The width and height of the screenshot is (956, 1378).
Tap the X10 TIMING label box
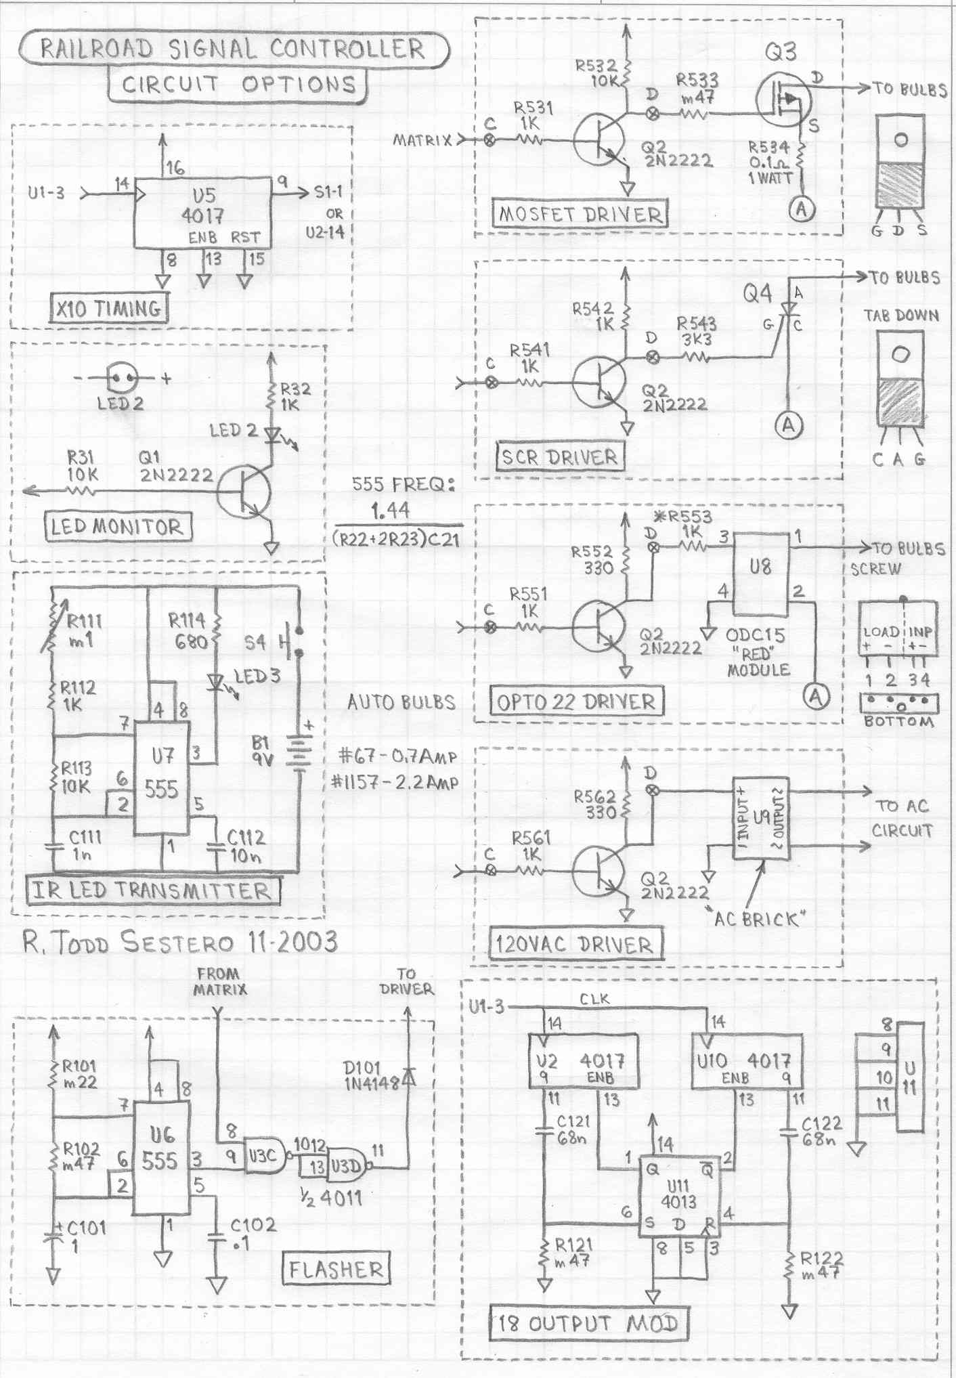coord(109,309)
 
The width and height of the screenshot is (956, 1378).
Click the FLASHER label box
coord(336,1269)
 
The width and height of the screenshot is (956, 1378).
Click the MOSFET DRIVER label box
coord(580,214)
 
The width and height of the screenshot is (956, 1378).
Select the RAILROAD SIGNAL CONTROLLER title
coord(234,49)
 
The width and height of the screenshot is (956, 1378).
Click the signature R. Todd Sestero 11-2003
coord(180,942)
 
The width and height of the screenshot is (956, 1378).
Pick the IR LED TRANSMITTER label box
coord(152,890)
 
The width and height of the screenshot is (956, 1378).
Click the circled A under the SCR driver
coord(789,425)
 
